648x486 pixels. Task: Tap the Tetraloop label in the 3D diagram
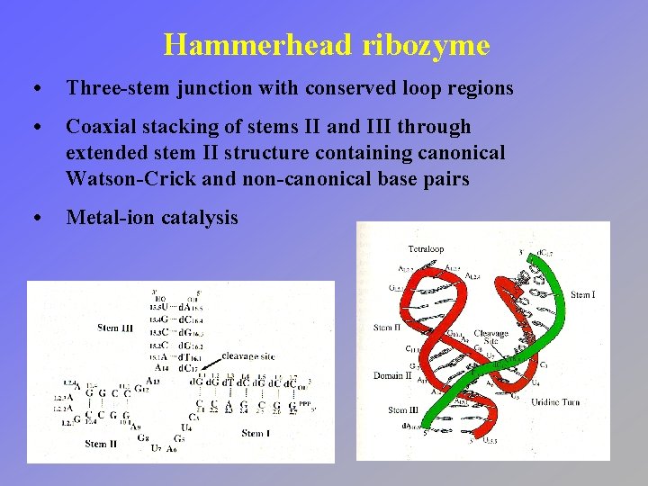coord(426,248)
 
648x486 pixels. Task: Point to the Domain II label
coord(391,374)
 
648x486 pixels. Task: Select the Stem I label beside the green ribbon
coord(581,294)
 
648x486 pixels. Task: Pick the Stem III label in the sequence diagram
coord(118,328)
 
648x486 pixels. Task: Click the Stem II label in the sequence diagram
coord(101,443)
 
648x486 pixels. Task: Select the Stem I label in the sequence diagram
coord(255,433)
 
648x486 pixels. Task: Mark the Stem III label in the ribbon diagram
coord(403,410)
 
